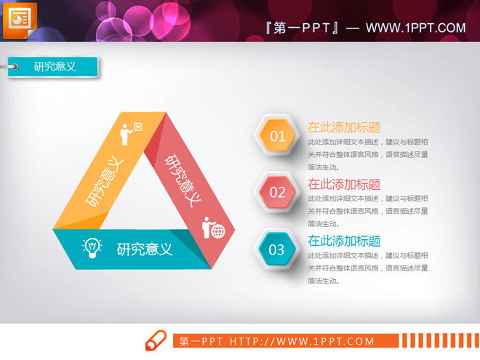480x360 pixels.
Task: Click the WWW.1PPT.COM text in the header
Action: [x=415, y=28]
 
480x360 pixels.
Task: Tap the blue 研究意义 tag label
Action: [x=55, y=66]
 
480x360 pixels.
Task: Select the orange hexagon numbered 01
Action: [x=277, y=135]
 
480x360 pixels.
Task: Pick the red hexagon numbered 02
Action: [x=277, y=192]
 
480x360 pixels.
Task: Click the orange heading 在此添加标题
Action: [x=344, y=127]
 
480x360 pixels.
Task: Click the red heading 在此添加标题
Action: [x=344, y=184]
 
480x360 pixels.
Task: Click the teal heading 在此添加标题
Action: [x=344, y=241]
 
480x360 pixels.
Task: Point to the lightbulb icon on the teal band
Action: [x=92, y=247]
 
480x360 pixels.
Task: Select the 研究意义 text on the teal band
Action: [x=145, y=249]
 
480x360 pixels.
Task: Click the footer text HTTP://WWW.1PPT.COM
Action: [x=302, y=341]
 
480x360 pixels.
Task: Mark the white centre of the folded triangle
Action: [x=145, y=196]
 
